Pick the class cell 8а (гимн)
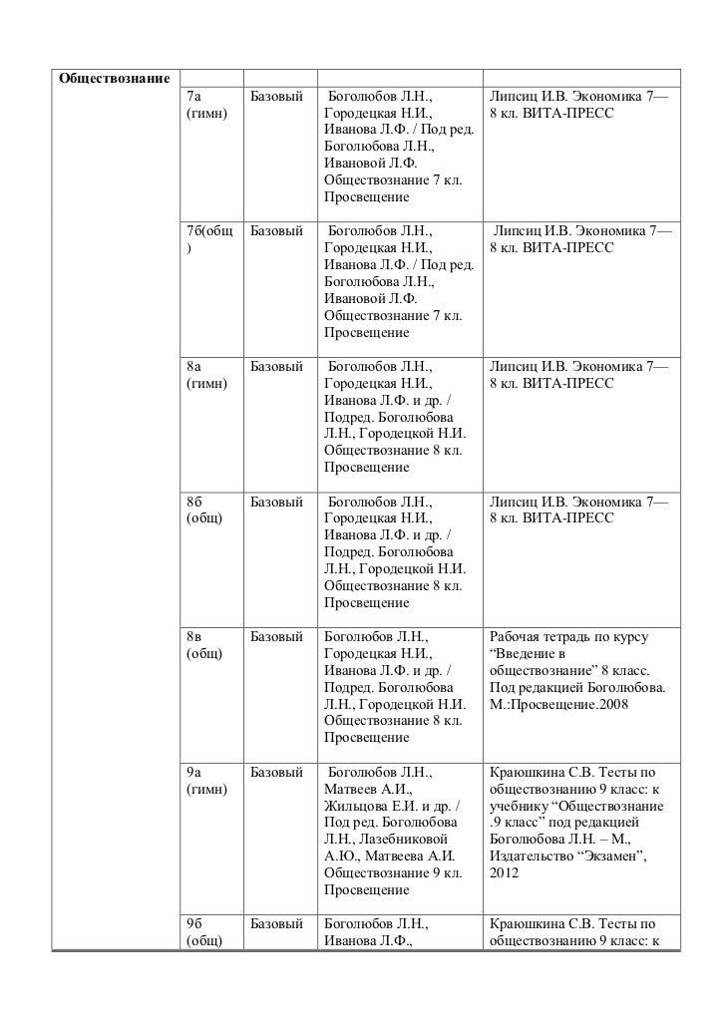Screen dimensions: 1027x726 coord(206,375)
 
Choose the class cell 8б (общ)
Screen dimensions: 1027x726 coord(204,510)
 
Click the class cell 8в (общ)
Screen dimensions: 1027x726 coord(204,644)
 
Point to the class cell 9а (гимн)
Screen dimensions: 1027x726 coord(206,780)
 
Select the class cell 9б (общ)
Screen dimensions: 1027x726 coord(204,931)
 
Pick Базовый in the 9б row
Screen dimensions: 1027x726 coord(276,923)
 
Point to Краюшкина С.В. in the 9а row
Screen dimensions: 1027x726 coord(534,772)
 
